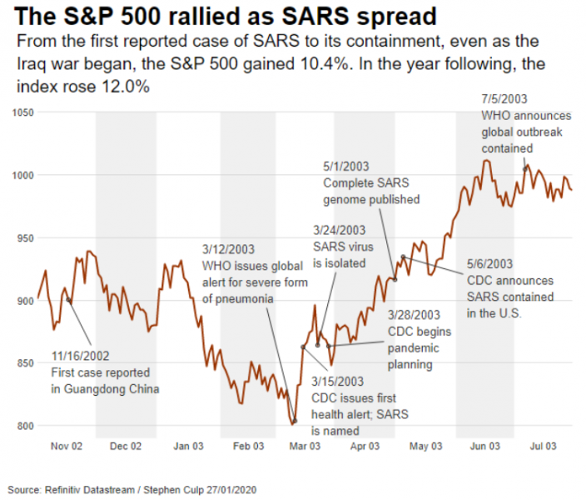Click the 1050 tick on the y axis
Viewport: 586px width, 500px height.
[21, 112]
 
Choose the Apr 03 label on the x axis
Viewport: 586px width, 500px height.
[365, 446]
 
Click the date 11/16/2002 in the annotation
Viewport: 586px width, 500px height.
[80, 357]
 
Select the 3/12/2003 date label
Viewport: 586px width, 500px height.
[229, 249]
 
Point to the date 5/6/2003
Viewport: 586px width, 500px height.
[489, 263]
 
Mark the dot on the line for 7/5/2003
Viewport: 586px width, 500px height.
[524, 168]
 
